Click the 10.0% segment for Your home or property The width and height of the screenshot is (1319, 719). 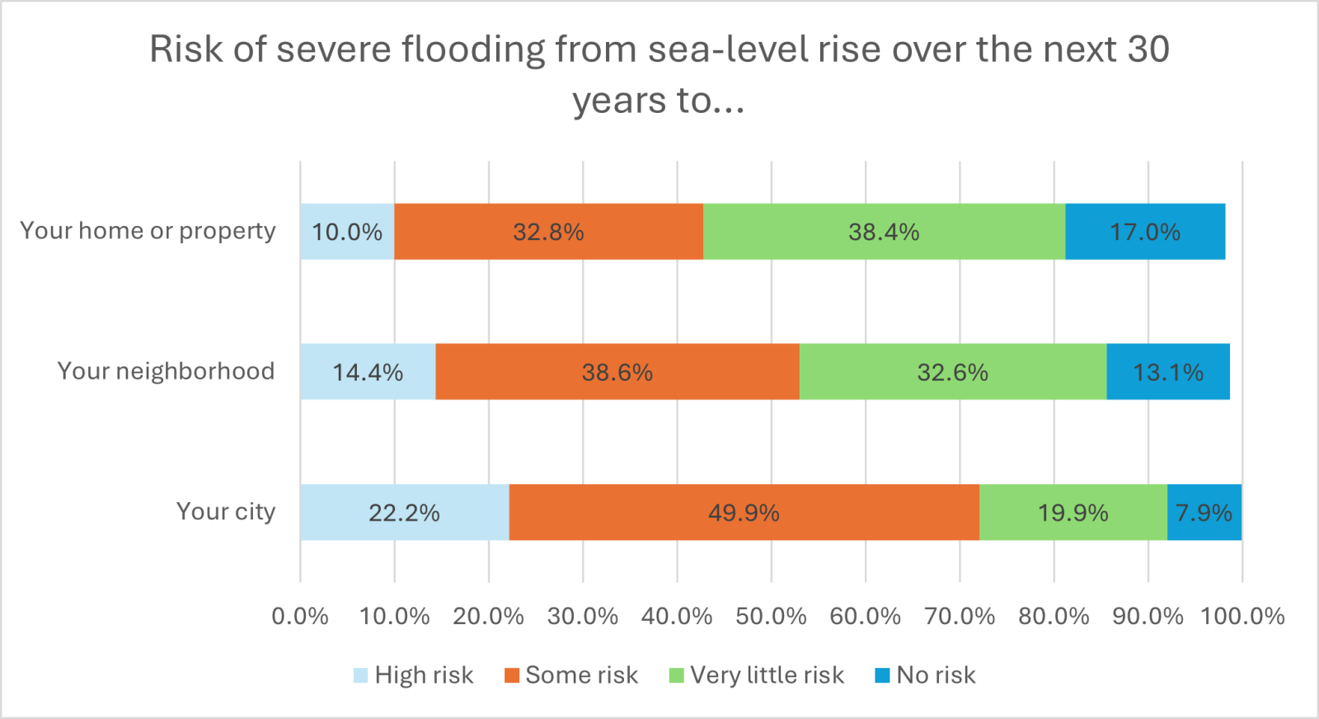click(x=347, y=232)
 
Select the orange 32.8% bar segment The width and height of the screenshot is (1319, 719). click(x=548, y=232)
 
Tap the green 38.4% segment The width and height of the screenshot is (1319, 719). click(x=884, y=232)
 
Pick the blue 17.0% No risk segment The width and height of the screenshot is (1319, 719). click(x=1145, y=232)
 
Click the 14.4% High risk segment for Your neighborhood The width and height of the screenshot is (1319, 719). click(x=368, y=372)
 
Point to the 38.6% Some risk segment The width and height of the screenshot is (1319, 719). click(x=617, y=372)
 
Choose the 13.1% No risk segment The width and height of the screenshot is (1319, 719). click(x=1168, y=372)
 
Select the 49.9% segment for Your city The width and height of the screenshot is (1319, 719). click(x=744, y=512)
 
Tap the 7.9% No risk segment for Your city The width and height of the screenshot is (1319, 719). click(x=1204, y=512)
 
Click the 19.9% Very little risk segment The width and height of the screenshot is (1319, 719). click(x=1073, y=512)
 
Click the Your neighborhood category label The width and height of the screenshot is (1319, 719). click(x=166, y=371)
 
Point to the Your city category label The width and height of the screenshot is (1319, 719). click(x=226, y=511)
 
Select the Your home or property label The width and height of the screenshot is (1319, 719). click(x=148, y=231)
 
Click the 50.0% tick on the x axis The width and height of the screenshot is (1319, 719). click(x=771, y=616)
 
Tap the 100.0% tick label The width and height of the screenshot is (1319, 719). click(x=1242, y=616)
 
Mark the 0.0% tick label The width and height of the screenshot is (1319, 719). click(x=300, y=616)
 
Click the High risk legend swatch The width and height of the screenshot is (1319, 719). click(x=361, y=675)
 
